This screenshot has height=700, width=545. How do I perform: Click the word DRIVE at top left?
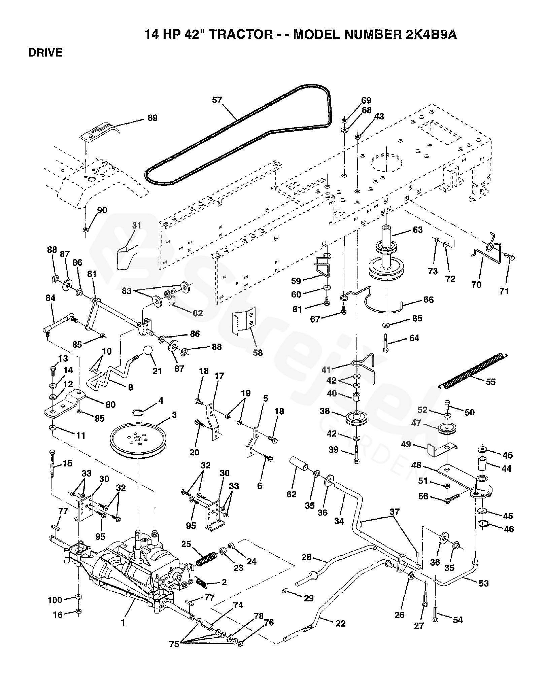coord(45,53)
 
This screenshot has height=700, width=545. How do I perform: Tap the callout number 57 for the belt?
coord(217,100)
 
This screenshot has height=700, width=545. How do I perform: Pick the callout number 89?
coord(152,118)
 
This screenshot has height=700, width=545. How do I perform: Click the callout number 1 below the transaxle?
coord(123,623)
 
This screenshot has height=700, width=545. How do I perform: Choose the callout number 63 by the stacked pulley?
coord(417,230)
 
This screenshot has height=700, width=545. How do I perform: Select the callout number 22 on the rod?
coord(341,623)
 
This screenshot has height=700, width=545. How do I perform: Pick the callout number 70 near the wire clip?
coord(476,285)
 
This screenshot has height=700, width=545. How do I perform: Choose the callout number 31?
coord(137,225)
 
